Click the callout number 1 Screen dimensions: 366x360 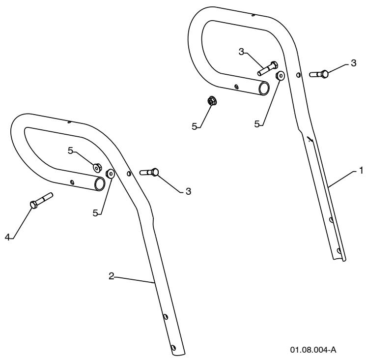[361, 171]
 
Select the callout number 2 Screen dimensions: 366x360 [112, 276]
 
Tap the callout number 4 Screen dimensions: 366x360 [7, 238]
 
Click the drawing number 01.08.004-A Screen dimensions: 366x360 [313, 350]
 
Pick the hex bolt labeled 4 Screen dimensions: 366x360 [41, 201]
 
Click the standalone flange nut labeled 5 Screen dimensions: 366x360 [212, 101]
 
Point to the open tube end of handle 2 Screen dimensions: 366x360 [100, 184]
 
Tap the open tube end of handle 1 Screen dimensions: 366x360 [264, 89]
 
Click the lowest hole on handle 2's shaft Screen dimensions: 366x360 [173, 348]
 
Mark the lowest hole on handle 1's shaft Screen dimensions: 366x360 [338, 251]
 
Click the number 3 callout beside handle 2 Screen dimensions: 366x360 [188, 191]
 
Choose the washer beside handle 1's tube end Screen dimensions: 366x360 [280, 76]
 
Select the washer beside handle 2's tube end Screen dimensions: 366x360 [110, 174]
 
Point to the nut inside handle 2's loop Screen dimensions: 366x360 [97, 168]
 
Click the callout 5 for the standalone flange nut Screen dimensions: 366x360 [195, 126]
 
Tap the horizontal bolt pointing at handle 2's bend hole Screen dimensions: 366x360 [149, 173]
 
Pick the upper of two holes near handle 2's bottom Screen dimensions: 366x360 [166, 317]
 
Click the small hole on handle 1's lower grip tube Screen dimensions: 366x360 [237, 87]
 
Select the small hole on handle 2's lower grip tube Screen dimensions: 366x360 [73, 182]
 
